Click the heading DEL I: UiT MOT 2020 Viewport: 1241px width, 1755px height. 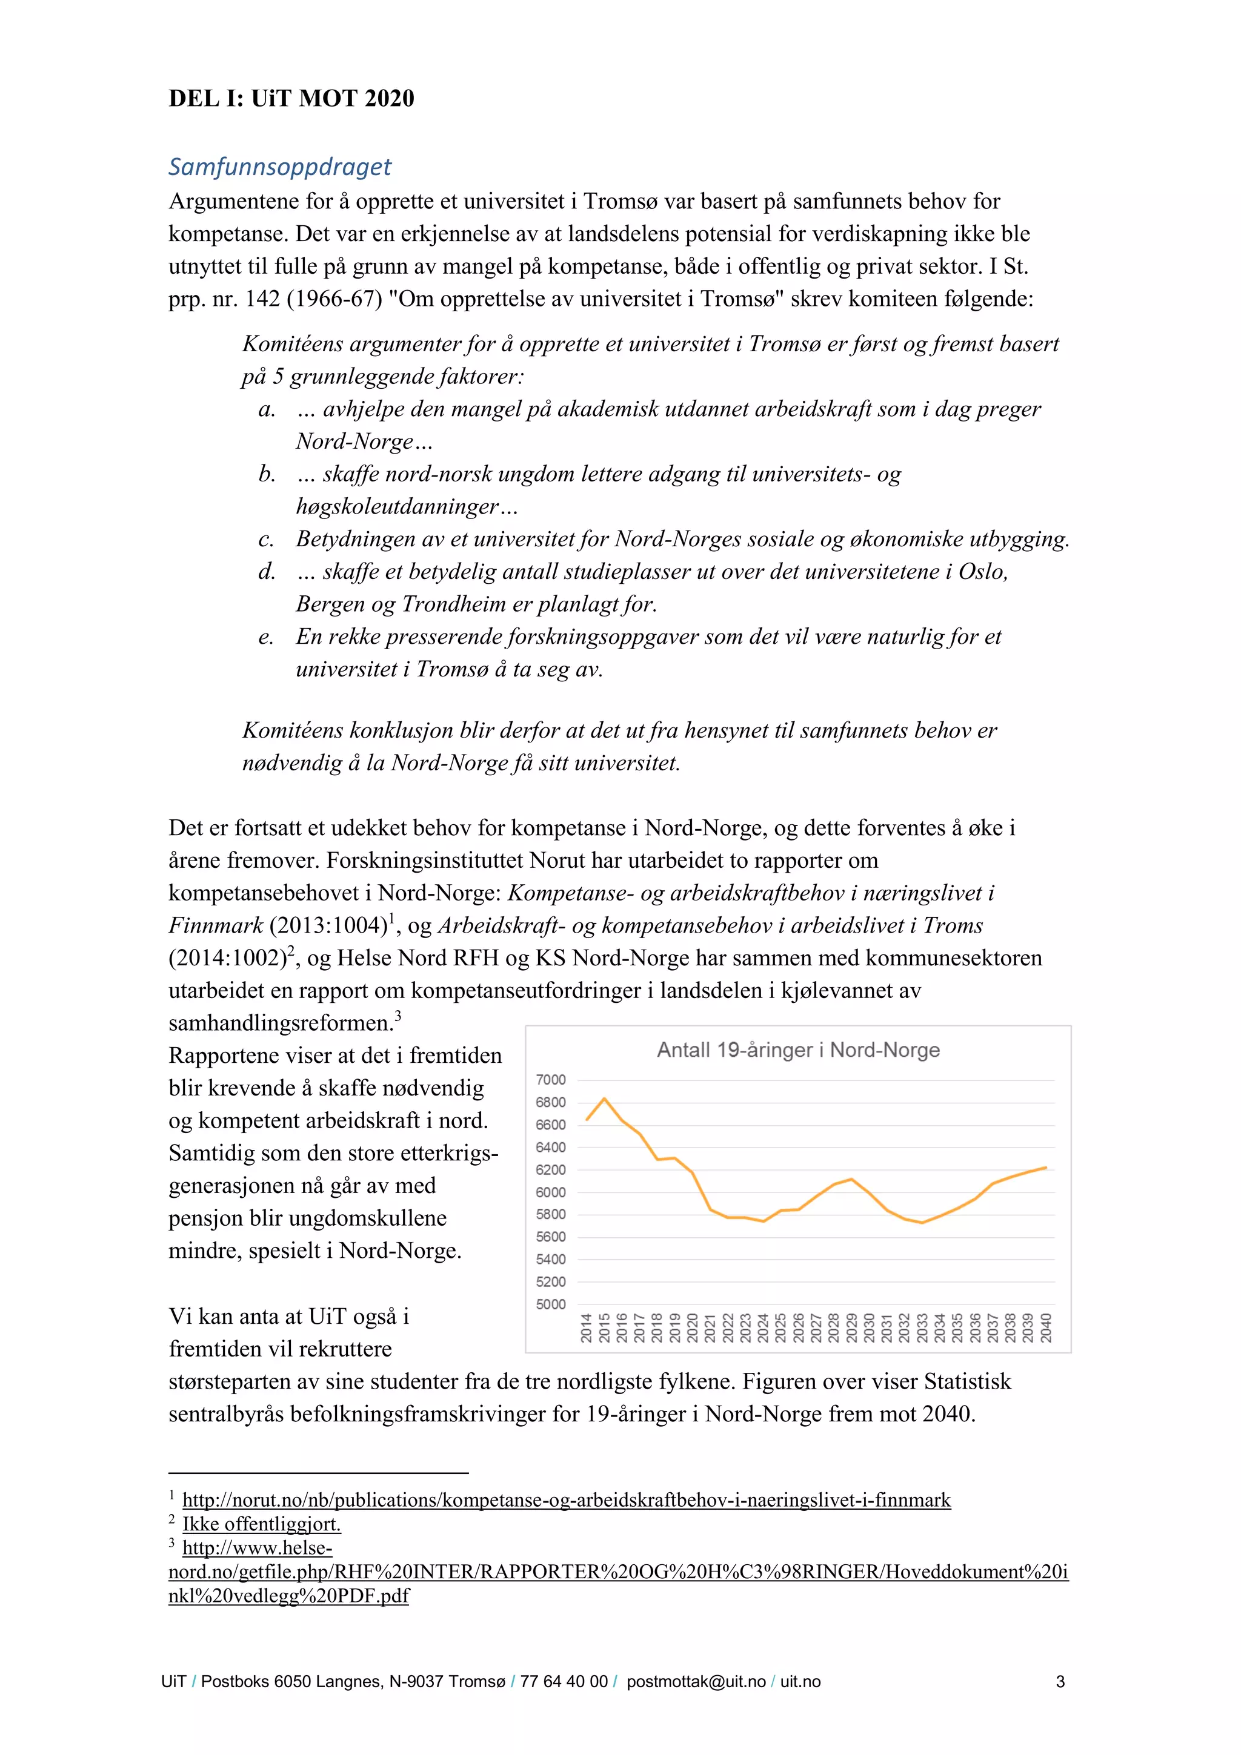click(x=291, y=99)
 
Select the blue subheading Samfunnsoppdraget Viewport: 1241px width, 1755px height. click(x=280, y=167)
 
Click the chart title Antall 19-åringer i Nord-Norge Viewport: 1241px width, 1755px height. click(x=797, y=1049)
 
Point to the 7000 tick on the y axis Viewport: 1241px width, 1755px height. click(x=551, y=1079)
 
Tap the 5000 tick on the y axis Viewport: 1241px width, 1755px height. click(x=551, y=1304)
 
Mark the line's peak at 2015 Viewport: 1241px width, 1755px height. click(x=604, y=1099)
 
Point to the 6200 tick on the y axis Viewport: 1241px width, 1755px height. click(x=551, y=1169)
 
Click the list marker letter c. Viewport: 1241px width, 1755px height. click(x=266, y=540)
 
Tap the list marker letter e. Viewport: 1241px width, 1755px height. click(x=266, y=636)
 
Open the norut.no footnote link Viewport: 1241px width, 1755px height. click(x=566, y=1499)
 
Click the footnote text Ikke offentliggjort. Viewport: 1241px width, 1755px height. click(x=262, y=1524)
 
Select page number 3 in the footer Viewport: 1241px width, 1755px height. click(x=1060, y=1681)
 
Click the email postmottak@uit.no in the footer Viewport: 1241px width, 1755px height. click(x=695, y=1681)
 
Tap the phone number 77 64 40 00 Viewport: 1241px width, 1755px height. click(x=564, y=1681)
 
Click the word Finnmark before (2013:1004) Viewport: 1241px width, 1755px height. click(x=216, y=926)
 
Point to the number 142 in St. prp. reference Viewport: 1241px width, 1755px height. click(x=262, y=299)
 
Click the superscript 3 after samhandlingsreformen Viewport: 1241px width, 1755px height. click(x=398, y=1017)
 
